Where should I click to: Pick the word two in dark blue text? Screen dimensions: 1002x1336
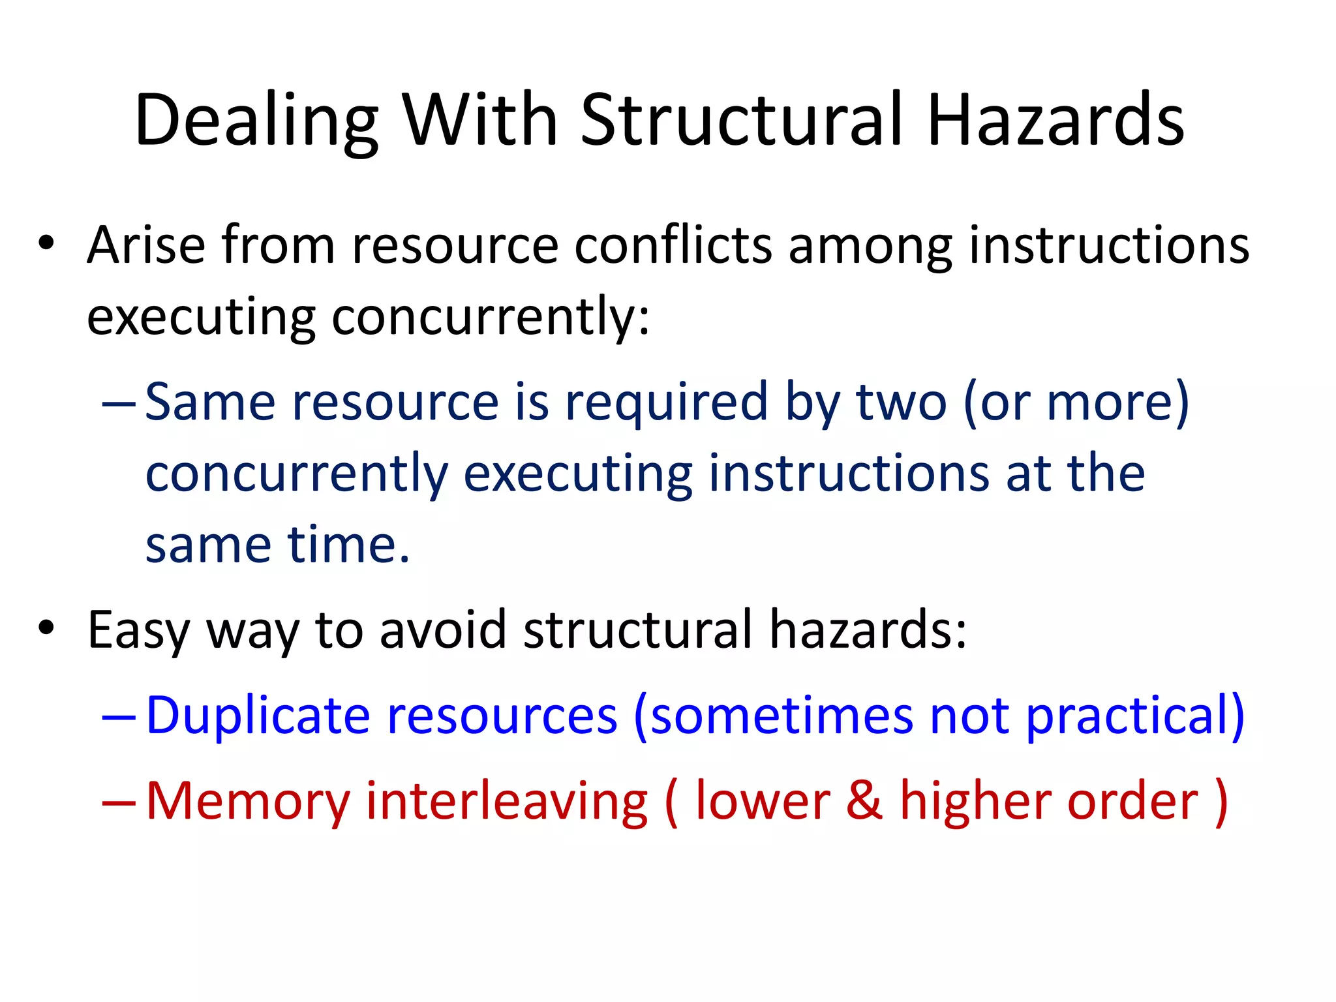coord(900,403)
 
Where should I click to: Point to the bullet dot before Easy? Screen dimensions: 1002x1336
coord(46,628)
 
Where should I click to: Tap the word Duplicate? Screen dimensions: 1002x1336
coord(258,716)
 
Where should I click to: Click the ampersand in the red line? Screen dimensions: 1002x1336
coord(864,801)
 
